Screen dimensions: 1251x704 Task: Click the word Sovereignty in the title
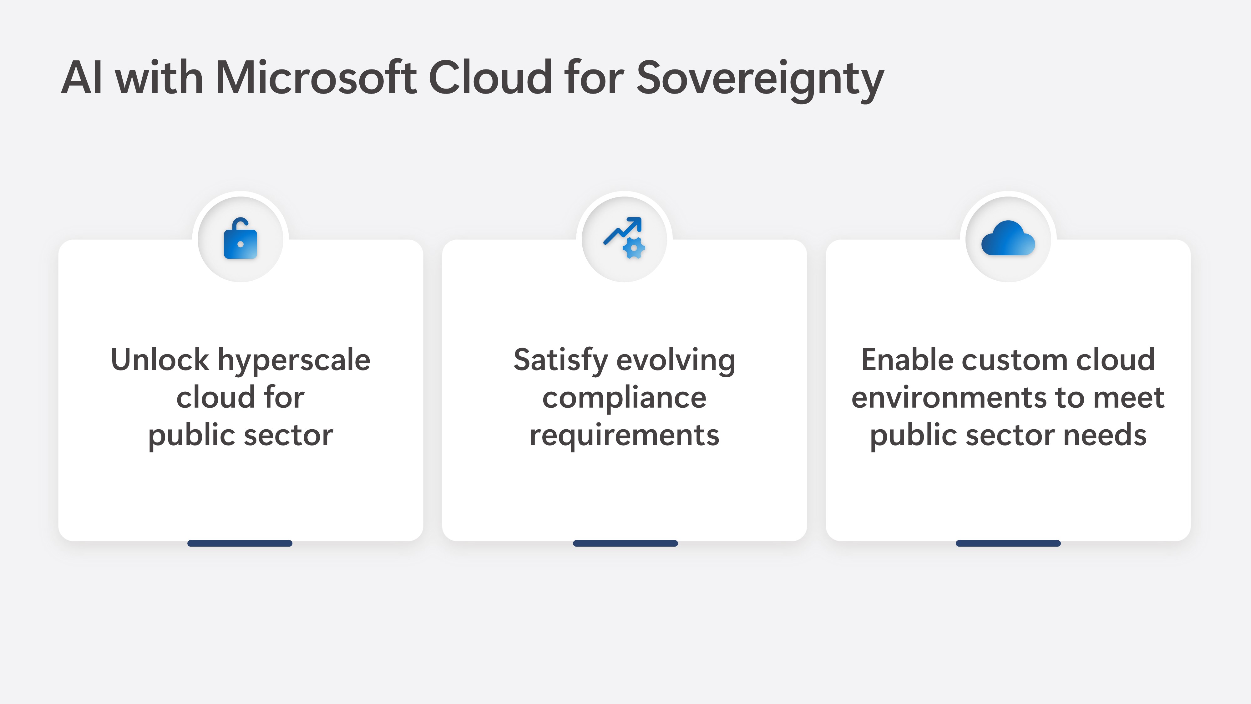[x=760, y=80]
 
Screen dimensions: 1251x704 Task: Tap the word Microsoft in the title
[x=316, y=77]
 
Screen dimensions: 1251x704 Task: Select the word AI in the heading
[x=82, y=78]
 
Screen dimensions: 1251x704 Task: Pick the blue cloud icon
[x=1008, y=238]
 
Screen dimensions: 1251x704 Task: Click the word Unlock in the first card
[x=160, y=360]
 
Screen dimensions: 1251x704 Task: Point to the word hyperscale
[x=294, y=362]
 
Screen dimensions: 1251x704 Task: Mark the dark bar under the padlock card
[x=240, y=543]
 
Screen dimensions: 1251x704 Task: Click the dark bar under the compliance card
[x=625, y=543]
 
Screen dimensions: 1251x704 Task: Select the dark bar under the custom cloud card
[x=1008, y=543]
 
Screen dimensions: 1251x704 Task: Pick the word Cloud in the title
[x=490, y=77]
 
